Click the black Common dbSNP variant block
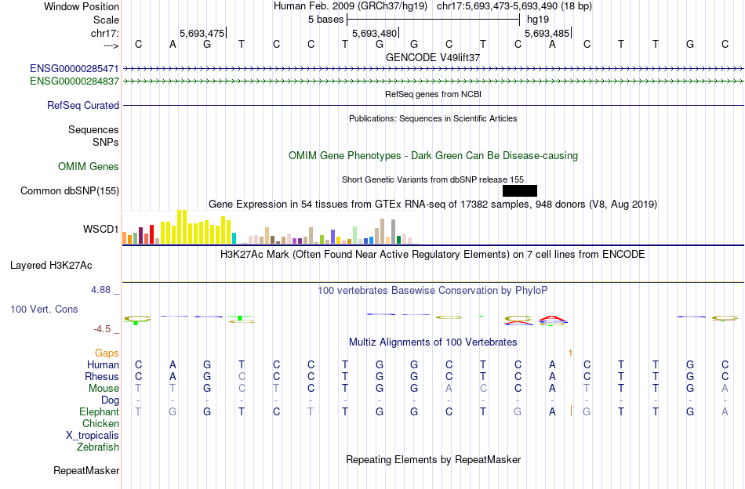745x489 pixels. pos(519,190)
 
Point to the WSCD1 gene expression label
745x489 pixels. pos(101,230)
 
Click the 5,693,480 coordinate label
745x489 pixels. pos(375,34)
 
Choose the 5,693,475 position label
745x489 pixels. pos(202,34)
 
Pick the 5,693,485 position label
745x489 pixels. pos(547,34)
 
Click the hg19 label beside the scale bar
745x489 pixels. pos(537,18)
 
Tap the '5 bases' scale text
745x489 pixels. pos(325,18)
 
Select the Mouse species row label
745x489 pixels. pos(104,388)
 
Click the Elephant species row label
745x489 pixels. pos(99,411)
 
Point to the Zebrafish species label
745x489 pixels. pos(98,447)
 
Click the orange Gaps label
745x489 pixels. pos(107,353)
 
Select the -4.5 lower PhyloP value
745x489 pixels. pos(103,329)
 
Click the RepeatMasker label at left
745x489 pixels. pos(86,471)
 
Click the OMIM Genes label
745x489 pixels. pos(89,166)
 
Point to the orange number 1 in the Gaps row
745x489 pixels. pos(570,353)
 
